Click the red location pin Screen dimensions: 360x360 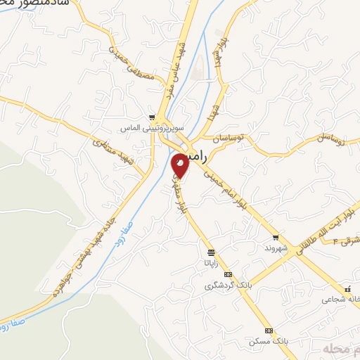coord(180,166)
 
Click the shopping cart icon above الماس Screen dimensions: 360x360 coord(152,117)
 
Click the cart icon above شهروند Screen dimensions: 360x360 coord(275,238)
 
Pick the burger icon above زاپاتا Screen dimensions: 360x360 coord(211,251)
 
